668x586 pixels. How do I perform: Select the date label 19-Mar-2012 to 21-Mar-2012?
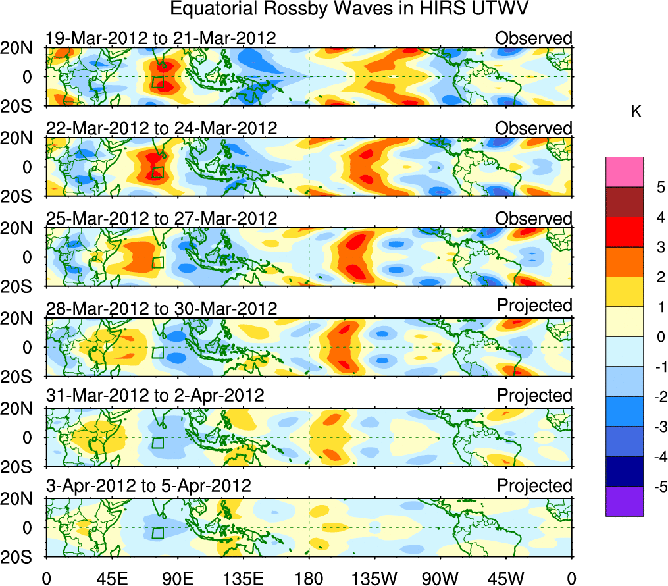161,38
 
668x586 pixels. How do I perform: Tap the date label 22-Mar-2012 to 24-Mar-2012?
161,128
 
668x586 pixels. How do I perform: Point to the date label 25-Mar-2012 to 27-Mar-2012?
161,219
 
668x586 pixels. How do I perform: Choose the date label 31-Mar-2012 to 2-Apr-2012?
155,396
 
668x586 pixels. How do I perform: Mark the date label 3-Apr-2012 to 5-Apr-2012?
149,486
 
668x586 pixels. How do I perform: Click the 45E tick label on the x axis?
111,578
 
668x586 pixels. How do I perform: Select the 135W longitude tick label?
374,578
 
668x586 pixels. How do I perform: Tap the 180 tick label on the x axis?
309,578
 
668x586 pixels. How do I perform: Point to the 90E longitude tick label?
177,578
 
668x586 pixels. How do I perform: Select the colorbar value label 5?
659,187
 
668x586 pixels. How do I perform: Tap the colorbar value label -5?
657,487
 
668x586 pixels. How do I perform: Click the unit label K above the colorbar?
636,113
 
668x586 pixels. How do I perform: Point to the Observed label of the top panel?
534,38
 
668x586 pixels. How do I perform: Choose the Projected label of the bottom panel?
534,486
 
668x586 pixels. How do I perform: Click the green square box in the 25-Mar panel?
158,262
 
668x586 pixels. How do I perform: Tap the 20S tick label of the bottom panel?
22,557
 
